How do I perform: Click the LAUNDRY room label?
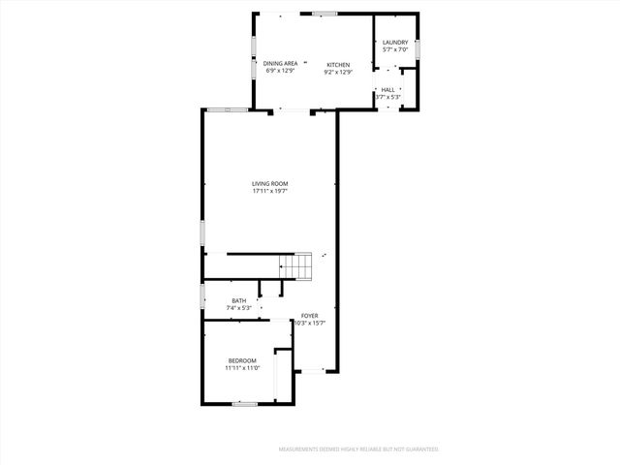click(394, 43)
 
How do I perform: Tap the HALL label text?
click(387, 90)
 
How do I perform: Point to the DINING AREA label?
click(280, 64)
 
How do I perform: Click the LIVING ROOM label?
click(270, 183)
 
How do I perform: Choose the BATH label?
click(238, 301)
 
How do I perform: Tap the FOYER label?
click(309, 316)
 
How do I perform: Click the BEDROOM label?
click(242, 361)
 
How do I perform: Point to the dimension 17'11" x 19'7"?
click(270, 191)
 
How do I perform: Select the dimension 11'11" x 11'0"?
click(242, 369)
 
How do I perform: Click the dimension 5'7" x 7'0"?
click(394, 50)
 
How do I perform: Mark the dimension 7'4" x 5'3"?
click(238, 309)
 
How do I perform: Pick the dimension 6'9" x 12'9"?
click(280, 72)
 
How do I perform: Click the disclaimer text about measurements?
click(358, 449)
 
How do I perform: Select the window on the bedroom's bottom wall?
click(244, 402)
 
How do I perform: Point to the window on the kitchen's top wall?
click(324, 13)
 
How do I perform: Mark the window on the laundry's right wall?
click(419, 46)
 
